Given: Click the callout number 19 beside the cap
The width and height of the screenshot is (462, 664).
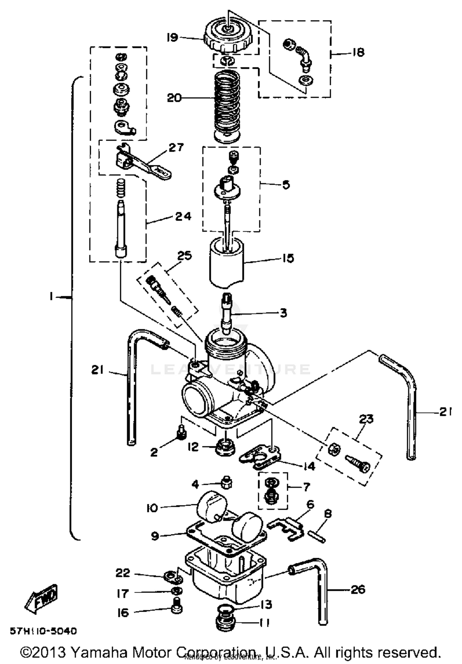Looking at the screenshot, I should pyautogui.click(x=172, y=38).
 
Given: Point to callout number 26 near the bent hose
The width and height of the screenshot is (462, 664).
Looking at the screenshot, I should pyautogui.click(x=358, y=590).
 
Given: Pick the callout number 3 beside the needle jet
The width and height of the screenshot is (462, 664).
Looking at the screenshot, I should pyautogui.click(x=283, y=313).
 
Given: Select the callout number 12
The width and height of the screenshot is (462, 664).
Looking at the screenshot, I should pyautogui.click(x=193, y=447).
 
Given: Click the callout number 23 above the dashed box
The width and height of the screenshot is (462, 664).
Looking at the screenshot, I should pyautogui.click(x=366, y=419).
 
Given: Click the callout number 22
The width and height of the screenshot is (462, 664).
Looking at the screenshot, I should pyautogui.click(x=123, y=573).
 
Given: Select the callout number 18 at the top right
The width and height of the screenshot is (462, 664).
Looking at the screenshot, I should pyautogui.click(x=358, y=52).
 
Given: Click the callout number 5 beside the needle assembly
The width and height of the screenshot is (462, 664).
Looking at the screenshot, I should pyautogui.click(x=286, y=185).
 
